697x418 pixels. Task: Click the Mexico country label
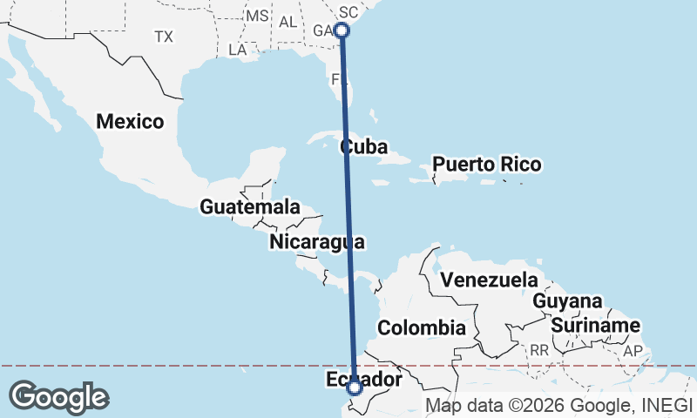(130, 121)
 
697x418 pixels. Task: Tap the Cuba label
(363, 146)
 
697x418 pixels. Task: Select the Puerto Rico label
(487, 164)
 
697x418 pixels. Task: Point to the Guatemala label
(249, 207)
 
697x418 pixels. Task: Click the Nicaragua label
(316, 241)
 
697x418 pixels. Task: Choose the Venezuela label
(489, 280)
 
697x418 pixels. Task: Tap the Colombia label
(420, 328)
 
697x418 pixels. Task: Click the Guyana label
(567, 300)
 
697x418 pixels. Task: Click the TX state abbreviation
(164, 37)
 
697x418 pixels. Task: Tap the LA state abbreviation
(237, 50)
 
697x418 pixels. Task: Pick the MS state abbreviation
(257, 16)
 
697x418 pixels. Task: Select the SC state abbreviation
(348, 12)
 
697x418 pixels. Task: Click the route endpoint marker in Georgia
(342, 30)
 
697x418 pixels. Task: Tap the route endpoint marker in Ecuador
(355, 388)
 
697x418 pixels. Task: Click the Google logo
(58, 396)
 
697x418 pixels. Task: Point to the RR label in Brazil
(539, 349)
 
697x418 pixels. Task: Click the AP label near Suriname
(633, 351)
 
